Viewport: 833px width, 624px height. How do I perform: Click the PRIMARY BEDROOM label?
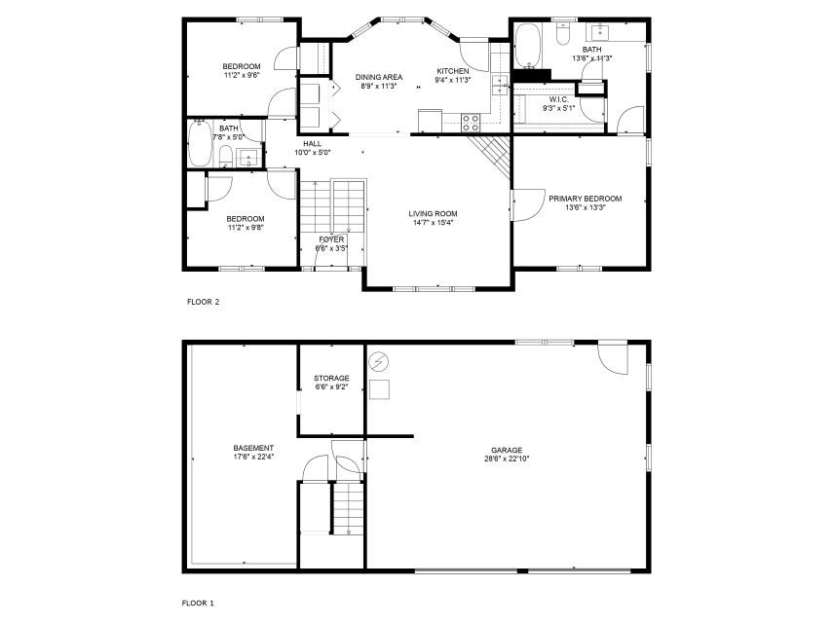pos(585,199)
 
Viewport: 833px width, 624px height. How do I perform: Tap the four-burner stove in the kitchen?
pos(471,122)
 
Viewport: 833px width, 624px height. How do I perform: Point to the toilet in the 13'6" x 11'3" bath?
pos(562,35)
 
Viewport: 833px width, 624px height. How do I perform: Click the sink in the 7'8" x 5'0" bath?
pos(247,157)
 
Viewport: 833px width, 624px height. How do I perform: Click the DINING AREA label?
pos(379,76)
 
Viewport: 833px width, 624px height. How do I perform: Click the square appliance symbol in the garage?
pos(379,389)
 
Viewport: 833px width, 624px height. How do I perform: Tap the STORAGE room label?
pos(331,378)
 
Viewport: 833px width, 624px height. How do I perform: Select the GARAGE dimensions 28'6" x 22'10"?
pos(508,459)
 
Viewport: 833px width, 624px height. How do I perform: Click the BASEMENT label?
pos(253,448)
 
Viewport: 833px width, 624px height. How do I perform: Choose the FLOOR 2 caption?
pos(203,302)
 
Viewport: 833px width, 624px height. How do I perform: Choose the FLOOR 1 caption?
pos(198,604)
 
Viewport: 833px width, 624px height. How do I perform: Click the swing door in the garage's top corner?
pos(614,356)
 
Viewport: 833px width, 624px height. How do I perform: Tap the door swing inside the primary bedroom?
pos(526,203)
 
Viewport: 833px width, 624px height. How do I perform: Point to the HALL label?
pos(313,143)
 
